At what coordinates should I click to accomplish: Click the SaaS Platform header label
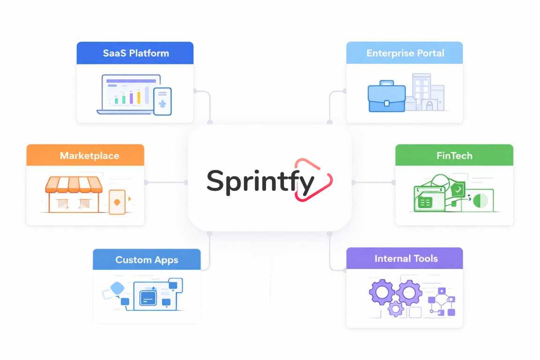click(136, 53)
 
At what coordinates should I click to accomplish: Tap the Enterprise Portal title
click(405, 53)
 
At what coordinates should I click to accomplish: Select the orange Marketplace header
click(89, 156)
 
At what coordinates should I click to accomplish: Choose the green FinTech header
click(454, 156)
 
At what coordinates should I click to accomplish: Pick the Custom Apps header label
click(147, 260)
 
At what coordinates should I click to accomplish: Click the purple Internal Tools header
click(406, 258)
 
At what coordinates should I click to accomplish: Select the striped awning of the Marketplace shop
click(74, 185)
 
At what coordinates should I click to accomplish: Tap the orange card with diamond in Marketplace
click(117, 202)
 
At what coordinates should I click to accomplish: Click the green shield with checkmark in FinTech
click(458, 189)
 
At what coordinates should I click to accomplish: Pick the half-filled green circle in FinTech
click(480, 201)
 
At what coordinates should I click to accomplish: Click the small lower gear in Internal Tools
click(396, 308)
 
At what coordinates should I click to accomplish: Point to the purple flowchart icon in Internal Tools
click(441, 301)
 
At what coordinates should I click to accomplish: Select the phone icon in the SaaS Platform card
click(163, 101)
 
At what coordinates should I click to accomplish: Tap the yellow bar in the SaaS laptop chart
click(139, 97)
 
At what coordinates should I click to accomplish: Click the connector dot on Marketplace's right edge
click(146, 182)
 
